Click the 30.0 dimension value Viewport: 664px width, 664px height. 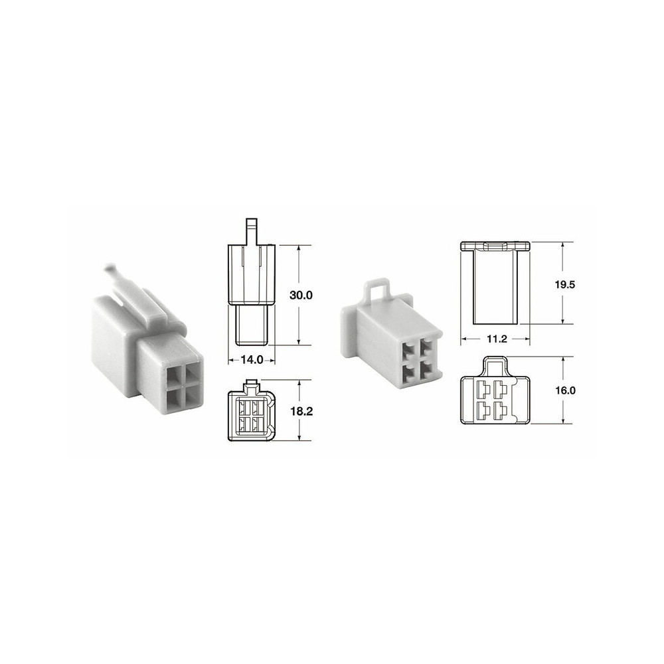click(x=301, y=295)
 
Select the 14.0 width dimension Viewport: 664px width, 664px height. click(x=252, y=360)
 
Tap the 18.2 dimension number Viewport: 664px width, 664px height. click(x=301, y=411)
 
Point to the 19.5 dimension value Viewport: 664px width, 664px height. click(x=565, y=285)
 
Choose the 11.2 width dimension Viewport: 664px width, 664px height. click(x=496, y=339)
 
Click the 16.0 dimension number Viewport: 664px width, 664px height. click(x=565, y=390)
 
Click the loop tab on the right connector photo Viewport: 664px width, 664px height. click(x=378, y=291)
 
